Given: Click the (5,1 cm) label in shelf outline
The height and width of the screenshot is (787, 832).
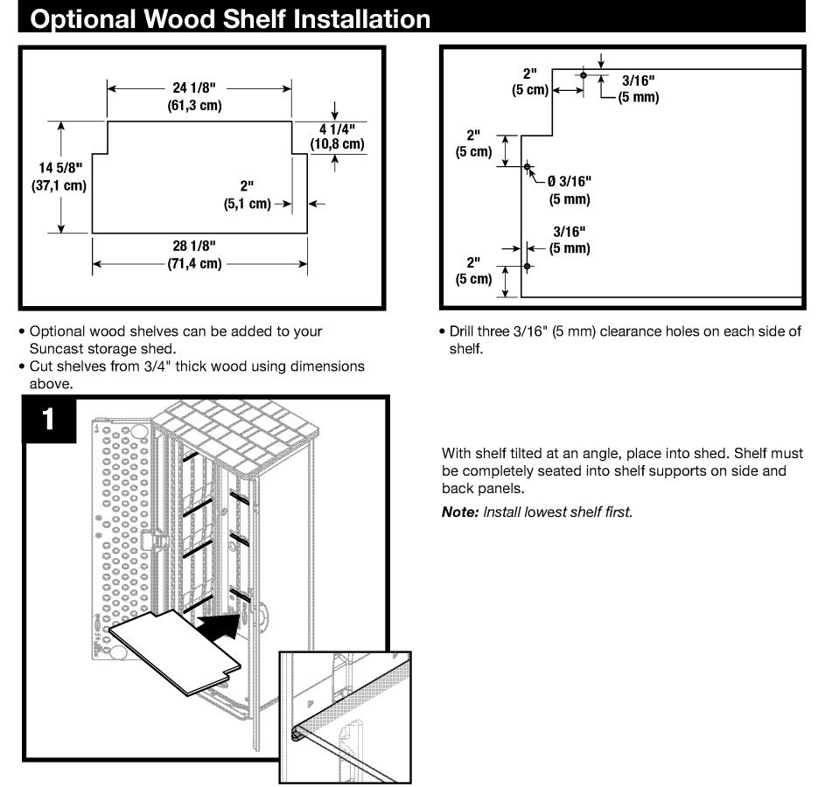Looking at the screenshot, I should pos(247,204).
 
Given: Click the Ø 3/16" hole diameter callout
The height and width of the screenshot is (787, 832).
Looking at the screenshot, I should pos(570,182).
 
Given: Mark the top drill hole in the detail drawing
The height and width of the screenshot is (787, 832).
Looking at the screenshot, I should pos(584,76).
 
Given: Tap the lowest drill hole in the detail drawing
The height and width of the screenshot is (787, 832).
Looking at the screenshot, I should pos(527,266).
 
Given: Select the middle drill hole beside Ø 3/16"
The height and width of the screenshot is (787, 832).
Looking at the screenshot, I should pos(527,166).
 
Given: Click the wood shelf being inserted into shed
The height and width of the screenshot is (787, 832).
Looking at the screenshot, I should pos(171,651).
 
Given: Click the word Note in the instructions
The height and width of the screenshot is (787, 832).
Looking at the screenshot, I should pos(459,512).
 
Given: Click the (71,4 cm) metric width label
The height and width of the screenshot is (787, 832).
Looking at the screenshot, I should pos(193,263).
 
